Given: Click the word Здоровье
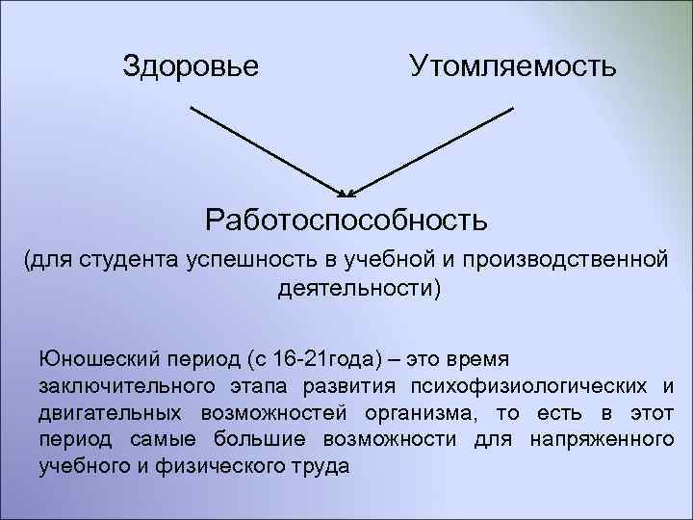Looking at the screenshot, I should [x=191, y=66].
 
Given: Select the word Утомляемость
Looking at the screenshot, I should [x=512, y=66].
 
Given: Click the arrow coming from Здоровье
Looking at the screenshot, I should [x=265, y=147].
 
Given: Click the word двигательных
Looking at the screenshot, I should [x=113, y=414].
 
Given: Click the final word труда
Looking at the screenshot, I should [x=315, y=467].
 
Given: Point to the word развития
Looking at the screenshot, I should [x=343, y=387].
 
